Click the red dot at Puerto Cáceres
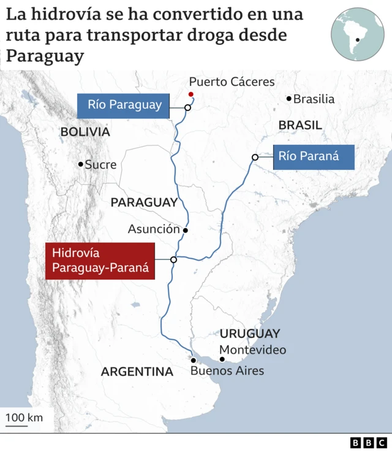191,94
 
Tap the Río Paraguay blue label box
124,104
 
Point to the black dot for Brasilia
289,99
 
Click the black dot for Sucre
80,164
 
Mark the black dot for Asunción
185,231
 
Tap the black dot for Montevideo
222,359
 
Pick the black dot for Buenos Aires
193,360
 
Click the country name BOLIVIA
85,132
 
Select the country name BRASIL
300,125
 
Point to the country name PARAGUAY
144,202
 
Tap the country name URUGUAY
250,334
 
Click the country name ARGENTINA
137,371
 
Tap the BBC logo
369,442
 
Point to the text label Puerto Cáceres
232,82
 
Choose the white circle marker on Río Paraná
254,158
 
